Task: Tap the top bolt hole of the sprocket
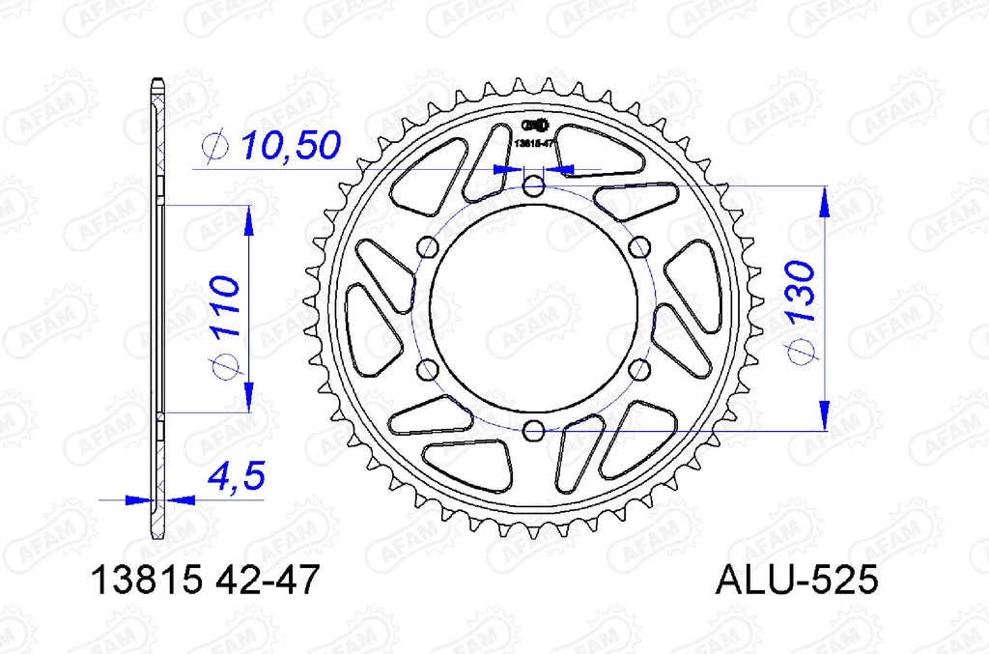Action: [534, 185]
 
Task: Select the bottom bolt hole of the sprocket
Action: [534, 430]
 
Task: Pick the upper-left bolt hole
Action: [427, 247]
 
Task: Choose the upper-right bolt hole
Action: [639, 247]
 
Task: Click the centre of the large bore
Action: [534, 307]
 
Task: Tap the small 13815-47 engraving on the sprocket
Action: [533, 143]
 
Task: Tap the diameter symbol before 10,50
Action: [214, 147]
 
